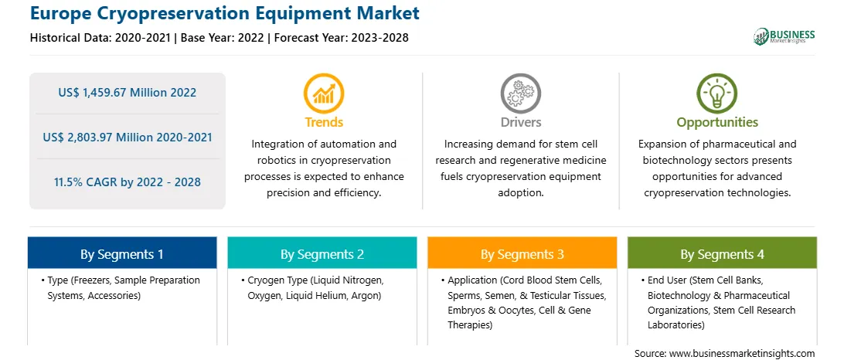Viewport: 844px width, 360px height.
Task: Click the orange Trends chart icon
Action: click(x=324, y=93)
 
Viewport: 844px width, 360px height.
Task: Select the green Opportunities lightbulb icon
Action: click(x=717, y=93)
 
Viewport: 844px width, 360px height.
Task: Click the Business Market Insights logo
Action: click(x=784, y=36)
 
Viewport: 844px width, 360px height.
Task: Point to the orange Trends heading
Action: click(x=324, y=122)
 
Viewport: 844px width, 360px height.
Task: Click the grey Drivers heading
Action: click(x=520, y=122)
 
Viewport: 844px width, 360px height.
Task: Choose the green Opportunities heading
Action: click(x=717, y=123)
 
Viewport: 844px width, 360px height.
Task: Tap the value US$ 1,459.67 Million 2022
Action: click(x=127, y=93)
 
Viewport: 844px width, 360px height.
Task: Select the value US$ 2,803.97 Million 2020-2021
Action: click(x=127, y=138)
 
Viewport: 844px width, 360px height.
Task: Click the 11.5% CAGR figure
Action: click(x=127, y=182)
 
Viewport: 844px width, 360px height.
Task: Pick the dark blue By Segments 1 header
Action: click(x=122, y=254)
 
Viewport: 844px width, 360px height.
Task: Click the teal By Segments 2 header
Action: click(x=322, y=254)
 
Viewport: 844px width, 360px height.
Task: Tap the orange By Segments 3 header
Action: click(x=522, y=254)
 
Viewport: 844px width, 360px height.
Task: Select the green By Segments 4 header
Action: click(x=723, y=254)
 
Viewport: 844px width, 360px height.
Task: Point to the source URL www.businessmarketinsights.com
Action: click(x=740, y=354)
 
